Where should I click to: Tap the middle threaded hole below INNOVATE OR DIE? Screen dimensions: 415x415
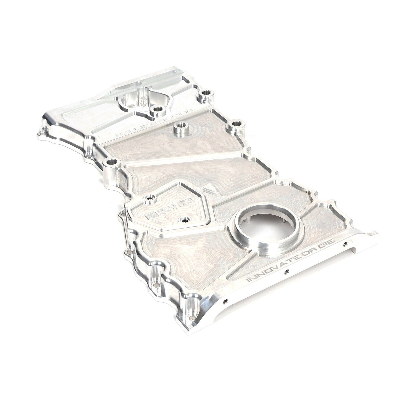click(x=286, y=271)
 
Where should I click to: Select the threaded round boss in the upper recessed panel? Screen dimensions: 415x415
click(x=179, y=128)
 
